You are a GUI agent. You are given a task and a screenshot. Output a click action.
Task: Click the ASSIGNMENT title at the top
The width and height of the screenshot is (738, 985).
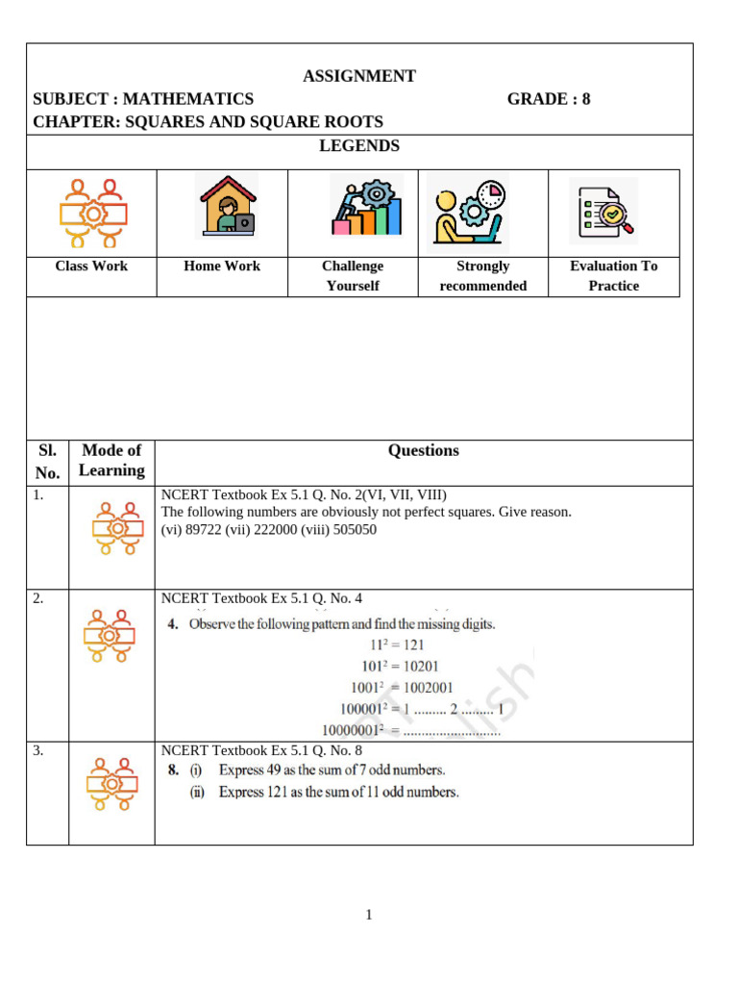coord(359,76)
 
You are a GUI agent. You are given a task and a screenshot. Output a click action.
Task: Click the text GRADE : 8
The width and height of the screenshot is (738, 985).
coord(549,98)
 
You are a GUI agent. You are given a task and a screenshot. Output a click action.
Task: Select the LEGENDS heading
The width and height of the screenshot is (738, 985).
coord(359,146)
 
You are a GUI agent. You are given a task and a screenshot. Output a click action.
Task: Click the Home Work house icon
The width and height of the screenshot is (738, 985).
coord(226,205)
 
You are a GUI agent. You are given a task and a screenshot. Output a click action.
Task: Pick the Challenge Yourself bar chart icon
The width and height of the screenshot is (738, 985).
coord(365,205)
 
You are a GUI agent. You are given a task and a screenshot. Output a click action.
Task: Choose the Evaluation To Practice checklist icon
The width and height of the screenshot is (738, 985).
coord(604,211)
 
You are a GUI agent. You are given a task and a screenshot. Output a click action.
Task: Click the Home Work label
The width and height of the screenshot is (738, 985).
coord(222,266)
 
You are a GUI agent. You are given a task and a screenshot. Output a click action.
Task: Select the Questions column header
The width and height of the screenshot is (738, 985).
coord(424,450)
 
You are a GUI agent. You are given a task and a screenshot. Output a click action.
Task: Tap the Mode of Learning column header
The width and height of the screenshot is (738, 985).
coord(111,460)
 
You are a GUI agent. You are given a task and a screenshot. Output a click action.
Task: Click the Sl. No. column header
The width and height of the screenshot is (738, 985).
coord(47,461)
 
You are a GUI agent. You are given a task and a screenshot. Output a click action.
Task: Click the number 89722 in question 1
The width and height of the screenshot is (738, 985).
coord(205,530)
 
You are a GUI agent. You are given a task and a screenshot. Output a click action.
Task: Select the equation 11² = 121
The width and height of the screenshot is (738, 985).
coord(396,645)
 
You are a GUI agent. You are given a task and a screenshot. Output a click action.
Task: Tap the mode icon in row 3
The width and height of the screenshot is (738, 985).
coord(111,785)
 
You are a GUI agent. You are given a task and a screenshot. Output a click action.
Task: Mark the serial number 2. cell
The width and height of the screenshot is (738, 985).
coord(38,598)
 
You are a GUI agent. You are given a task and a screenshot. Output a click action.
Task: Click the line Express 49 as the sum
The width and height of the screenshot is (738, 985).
coord(332,770)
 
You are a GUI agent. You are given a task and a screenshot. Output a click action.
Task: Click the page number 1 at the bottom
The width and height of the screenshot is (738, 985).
coord(369,915)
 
